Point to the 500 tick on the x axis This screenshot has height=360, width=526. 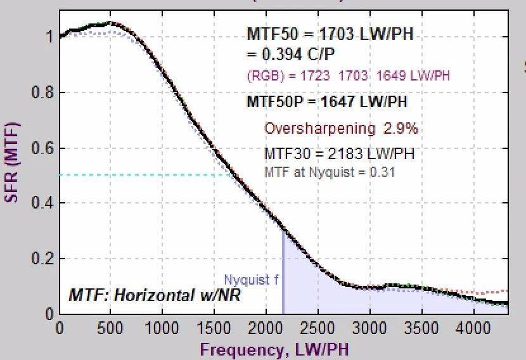point(111,328)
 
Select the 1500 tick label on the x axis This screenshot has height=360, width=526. point(214,328)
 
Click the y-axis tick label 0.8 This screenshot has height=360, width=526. point(42,93)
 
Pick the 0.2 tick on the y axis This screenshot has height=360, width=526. point(42,259)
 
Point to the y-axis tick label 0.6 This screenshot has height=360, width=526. point(42,148)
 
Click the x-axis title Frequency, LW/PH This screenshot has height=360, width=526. point(274,349)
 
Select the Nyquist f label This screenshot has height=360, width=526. point(251,280)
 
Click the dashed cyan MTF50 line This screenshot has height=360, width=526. point(146,176)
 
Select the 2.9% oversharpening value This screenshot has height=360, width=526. point(400,129)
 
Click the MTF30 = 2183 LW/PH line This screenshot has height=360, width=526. point(339,153)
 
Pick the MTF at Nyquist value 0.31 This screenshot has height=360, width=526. point(384,172)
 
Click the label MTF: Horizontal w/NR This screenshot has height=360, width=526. point(155,295)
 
